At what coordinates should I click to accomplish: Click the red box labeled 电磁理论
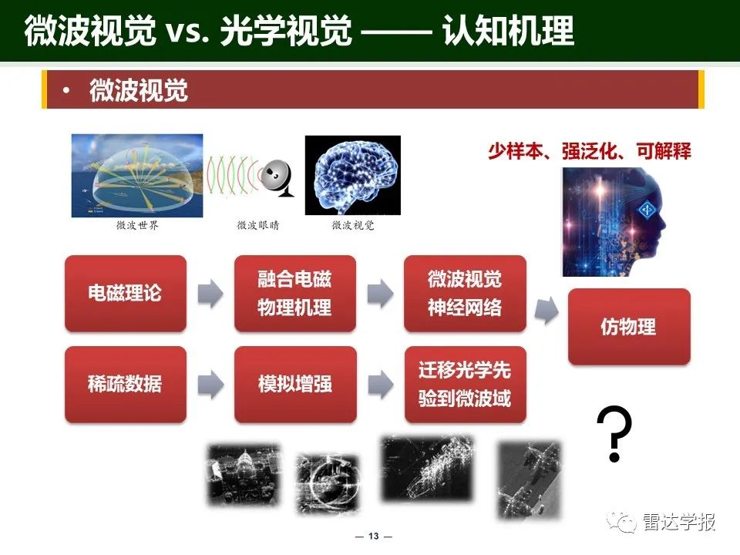coord(126,293)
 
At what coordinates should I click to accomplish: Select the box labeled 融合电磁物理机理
coord(295,293)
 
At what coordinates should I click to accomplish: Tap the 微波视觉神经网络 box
coord(465,293)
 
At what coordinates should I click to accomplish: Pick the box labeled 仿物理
coord(629,327)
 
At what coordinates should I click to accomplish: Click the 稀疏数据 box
coord(126,384)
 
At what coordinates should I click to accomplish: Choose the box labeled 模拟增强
coord(295,384)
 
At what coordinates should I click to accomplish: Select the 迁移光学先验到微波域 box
coord(466,384)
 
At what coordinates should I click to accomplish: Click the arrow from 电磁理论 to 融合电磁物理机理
coord(210,293)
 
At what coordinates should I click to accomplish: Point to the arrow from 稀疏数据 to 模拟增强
coord(210,384)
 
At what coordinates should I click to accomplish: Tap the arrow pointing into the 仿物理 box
coord(547,311)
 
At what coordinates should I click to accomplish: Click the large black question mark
coord(614,433)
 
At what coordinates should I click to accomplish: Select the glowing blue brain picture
coord(353,175)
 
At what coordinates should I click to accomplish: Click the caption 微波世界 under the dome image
coord(137,225)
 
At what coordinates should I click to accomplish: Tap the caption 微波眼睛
coord(258,225)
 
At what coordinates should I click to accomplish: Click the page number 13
coord(373,536)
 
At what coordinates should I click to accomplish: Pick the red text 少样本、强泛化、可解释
coord(590,151)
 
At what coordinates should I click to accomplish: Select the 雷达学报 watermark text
coord(679,522)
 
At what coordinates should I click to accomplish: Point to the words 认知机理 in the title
coord(508,31)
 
